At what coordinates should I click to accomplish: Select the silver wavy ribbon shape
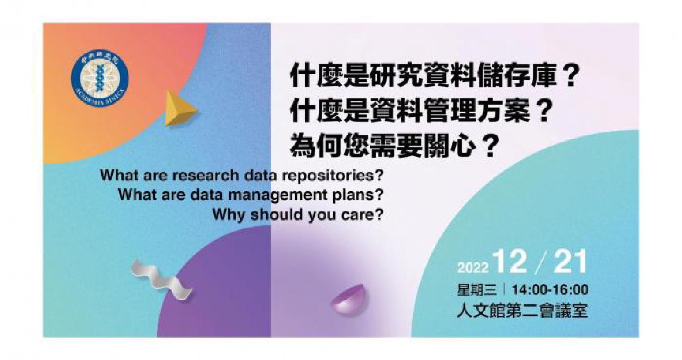(x=160, y=278)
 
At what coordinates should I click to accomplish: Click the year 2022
(x=473, y=267)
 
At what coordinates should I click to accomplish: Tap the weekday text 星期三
(x=477, y=289)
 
